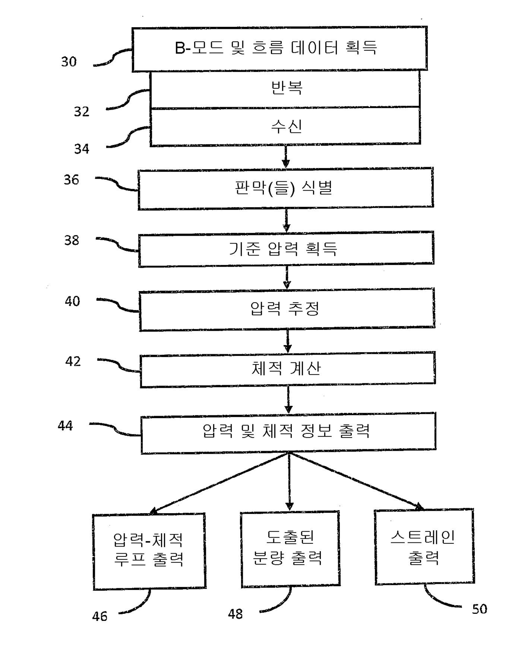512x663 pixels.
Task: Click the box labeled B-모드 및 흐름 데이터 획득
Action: tap(279, 48)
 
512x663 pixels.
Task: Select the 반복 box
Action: tap(285, 88)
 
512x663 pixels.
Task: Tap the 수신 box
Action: tap(285, 126)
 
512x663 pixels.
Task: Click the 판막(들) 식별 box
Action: tap(285, 188)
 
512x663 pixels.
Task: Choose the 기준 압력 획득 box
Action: tap(286, 249)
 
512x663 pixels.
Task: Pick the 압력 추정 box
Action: tap(287, 309)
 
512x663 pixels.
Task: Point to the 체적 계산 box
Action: tap(287, 368)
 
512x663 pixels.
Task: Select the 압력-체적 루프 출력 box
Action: tap(149, 550)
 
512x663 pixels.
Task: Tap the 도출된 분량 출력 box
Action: tap(290, 548)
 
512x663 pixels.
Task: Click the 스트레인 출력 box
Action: tap(424, 547)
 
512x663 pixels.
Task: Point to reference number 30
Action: tap(69, 62)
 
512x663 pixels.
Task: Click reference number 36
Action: tap(71, 180)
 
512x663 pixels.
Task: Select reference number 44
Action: tap(65, 426)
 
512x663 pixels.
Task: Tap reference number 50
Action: tap(479, 609)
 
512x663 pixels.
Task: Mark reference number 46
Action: tap(100, 616)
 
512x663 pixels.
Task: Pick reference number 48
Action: tap(235, 614)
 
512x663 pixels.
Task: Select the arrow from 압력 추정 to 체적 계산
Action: tap(288, 341)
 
